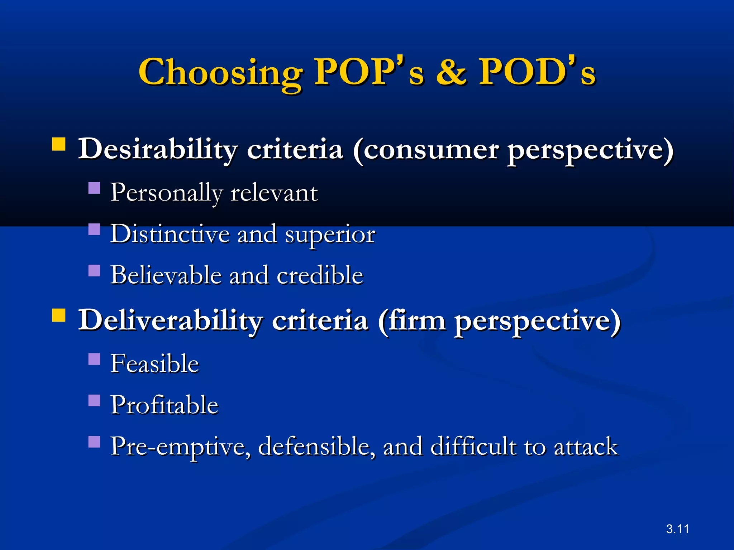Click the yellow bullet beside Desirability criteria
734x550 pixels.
[59, 144]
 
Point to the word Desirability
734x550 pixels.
[158, 150]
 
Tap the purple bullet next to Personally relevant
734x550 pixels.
[94, 188]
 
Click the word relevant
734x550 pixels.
[274, 193]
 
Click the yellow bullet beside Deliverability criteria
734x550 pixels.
[59, 316]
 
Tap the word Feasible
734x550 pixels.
[154, 363]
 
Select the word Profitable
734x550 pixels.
[164, 405]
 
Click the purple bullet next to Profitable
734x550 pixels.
[94, 400]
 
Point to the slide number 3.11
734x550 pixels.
[677, 529]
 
